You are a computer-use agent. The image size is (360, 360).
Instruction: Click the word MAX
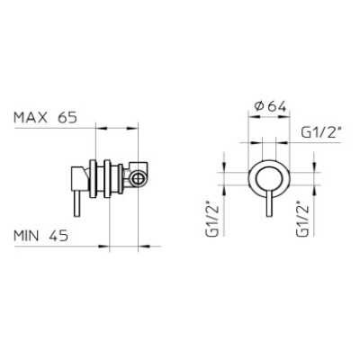tap(31, 117)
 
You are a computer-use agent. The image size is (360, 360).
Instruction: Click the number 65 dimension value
tap(67, 117)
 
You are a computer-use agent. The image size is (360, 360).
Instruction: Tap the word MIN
tap(26, 236)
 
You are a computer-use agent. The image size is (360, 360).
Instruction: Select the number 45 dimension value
tap(58, 236)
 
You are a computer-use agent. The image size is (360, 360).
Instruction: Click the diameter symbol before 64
tap(259, 106)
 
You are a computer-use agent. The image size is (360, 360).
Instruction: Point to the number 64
tap(277, 106)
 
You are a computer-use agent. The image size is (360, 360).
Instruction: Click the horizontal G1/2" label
tap(321, 132)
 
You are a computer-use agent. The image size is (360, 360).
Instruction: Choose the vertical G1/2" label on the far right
tap(301, 216)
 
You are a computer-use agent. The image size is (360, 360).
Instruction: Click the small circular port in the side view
tap(138, 177)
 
